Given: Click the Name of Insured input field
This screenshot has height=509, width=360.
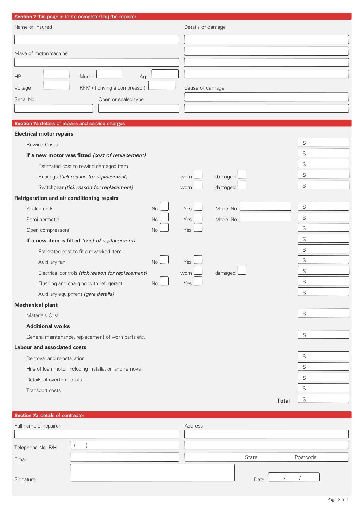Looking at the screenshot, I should pyautogui.click(x=97, y=40).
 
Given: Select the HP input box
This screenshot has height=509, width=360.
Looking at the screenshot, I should pyautogui.click(x=56, y=74).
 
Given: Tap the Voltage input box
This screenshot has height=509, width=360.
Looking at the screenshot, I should pyautogui.click(x=56, y=86).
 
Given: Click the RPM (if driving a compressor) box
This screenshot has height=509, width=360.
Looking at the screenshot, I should pyautogui.click(x=162, y=86).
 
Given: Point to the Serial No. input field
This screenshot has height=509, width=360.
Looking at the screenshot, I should pyautogui.click(x=53, y=109).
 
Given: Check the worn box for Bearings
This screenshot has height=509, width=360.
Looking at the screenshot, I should pyautogui.click(x=198, y=174).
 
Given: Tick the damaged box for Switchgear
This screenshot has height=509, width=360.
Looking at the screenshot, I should pyautogui.click(x=242, y=185).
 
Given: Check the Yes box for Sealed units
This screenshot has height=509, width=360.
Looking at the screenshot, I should pyautogui.click(x=198, y=206).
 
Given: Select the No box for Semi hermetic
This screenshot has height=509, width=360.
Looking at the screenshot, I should pyautogui.click(x=164, y=217).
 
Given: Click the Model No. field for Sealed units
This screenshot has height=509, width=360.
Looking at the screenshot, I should pyautogui.click(x=265, y=206).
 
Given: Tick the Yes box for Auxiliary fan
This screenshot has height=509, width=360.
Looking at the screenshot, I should pyautogui.click(x=198, y=260).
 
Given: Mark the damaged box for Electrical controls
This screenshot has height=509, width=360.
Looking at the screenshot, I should pyautogui.click(x=242, y=270).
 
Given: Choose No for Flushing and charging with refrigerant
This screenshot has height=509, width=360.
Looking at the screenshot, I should pyautogui.click(x=164, y=281).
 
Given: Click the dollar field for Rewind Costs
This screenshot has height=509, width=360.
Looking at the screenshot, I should pyautogui.click(x=323, y=142).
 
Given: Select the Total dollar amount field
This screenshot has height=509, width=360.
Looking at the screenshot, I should pyautogui.click(x=323, y=399).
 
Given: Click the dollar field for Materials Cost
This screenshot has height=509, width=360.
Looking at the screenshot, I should pyautogui.click(x=323, y=313).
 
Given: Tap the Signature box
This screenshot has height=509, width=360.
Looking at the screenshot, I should pyautogui.click(x=152, y=472).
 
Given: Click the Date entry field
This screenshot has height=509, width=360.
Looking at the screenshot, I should pyautogui.click(x=294, y=477).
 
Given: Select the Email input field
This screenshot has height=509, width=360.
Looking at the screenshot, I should pyautogui.click(x=124, y=457).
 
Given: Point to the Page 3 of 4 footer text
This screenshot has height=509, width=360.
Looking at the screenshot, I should pyautogui.click(x=338, y=500).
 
